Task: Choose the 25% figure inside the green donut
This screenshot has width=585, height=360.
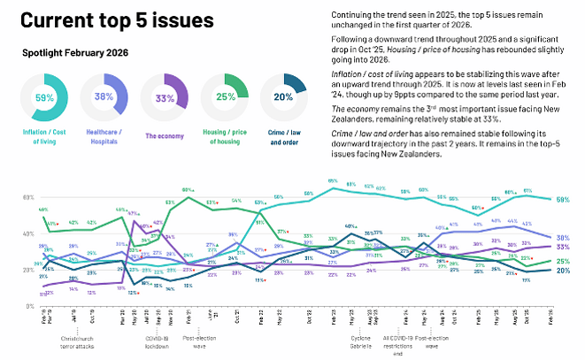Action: click(x=224, y=96)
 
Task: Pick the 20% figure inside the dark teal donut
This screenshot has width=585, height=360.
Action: click(x=283, y=97)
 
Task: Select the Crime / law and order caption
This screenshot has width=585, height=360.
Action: click(x=283, y=136)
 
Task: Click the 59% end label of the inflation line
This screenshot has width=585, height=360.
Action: click(x=562, y=200)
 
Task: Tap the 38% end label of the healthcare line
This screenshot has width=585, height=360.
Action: click(x=562, y=238)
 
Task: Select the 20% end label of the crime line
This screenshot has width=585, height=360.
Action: click(x=562, y=271)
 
